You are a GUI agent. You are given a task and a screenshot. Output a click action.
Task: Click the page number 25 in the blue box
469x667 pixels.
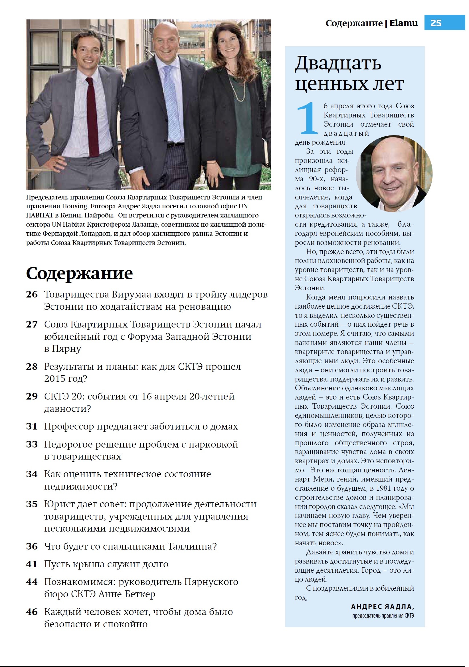click(436, 23)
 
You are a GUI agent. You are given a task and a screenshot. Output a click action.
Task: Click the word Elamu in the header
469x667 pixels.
click(403, 23)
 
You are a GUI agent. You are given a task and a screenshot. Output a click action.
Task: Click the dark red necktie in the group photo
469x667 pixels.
click(92, 116)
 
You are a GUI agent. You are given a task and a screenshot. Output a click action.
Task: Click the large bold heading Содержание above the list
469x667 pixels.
click(79, 273)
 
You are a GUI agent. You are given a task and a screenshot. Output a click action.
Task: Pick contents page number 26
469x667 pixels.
click(32, 294)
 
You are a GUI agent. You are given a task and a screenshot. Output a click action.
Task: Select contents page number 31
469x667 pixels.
click(32, 426)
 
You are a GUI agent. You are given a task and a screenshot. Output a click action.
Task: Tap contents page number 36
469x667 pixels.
click(32, 546)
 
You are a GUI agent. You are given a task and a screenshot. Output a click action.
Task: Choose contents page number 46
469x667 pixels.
click(32, 612)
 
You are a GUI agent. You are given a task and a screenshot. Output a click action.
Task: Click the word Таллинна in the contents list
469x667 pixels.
click(192, 546)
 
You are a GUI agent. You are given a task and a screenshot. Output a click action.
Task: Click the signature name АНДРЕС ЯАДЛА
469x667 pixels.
click(382, 607)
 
